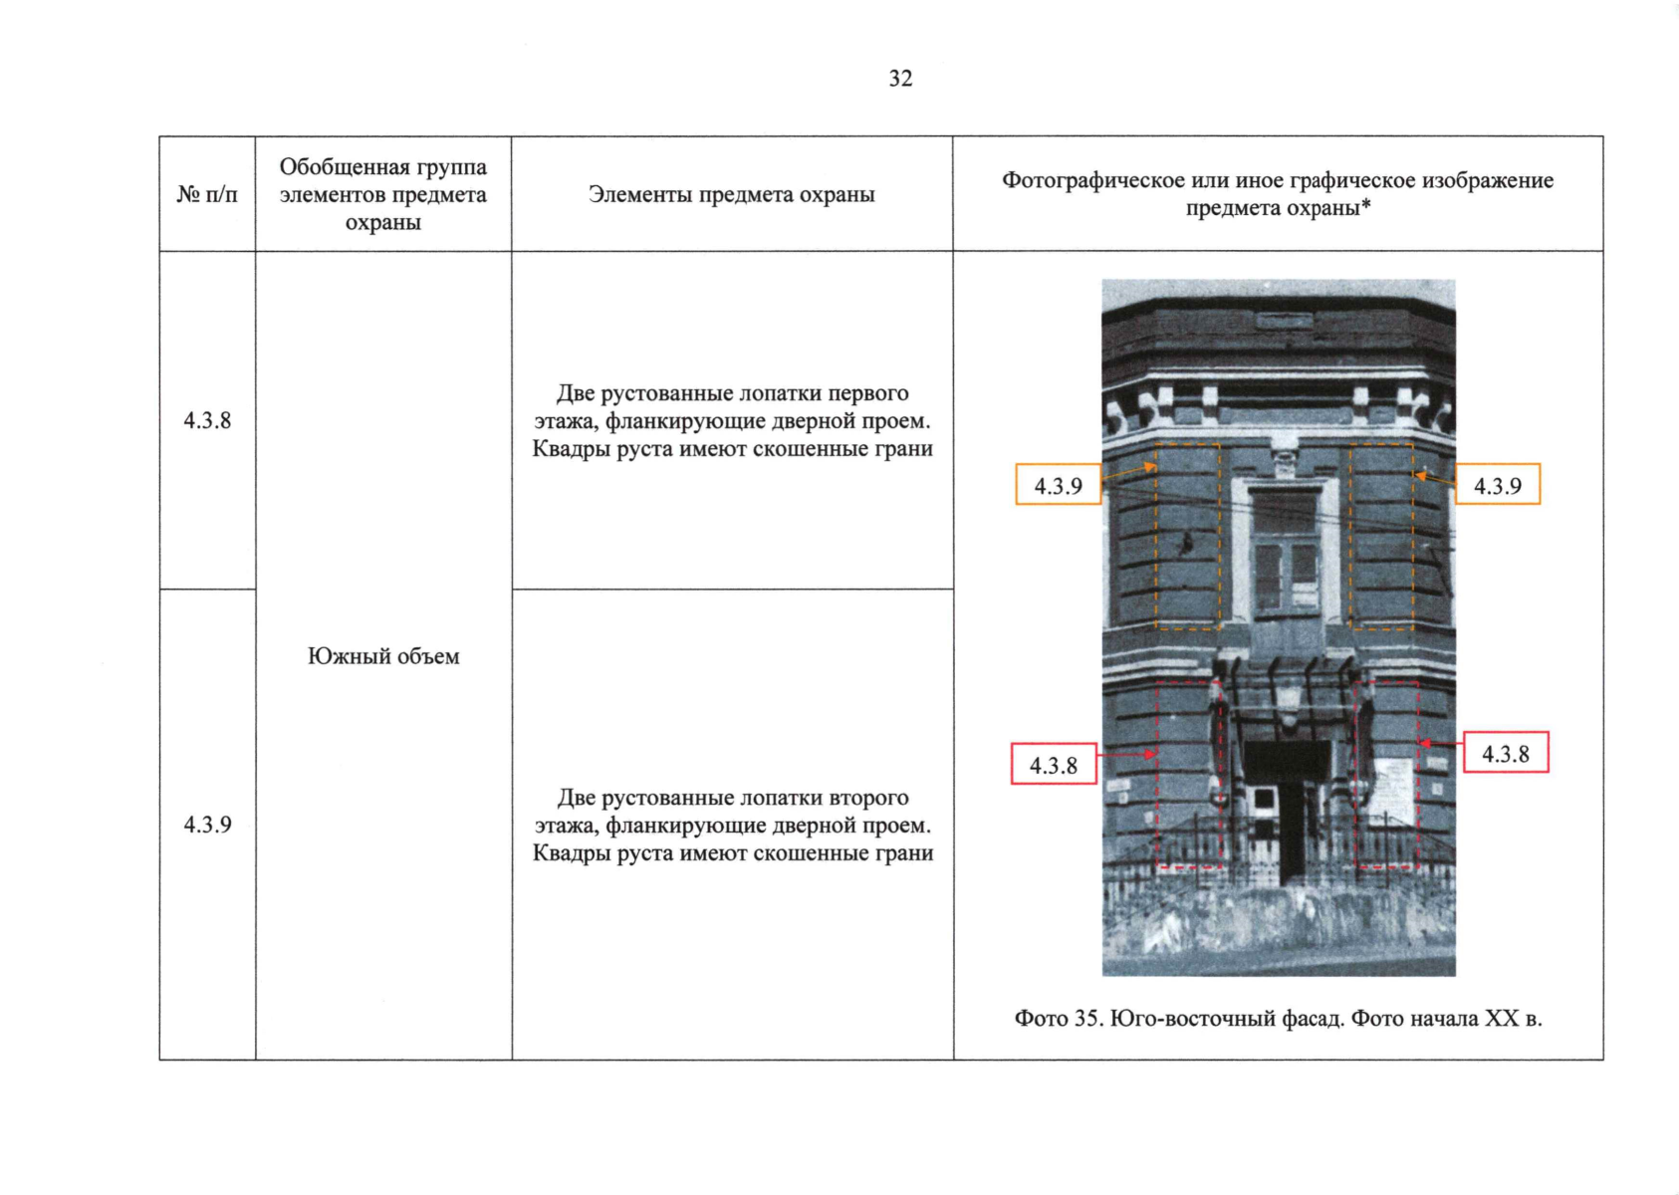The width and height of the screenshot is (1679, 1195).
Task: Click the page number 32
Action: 900,79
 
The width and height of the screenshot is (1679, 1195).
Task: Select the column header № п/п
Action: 207,194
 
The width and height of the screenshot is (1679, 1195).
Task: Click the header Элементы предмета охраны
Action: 731,194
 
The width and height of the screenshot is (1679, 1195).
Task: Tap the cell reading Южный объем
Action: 383,656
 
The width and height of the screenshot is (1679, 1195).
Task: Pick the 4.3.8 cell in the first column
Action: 207,420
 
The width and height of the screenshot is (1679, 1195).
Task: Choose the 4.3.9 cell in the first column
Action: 207,825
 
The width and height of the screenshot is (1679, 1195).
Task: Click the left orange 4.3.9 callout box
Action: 1058,485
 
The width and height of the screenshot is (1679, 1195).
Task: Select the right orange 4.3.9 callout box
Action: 1498,485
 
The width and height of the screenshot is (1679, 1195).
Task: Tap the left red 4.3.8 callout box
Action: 1054,765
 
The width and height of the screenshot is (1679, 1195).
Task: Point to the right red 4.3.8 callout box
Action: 1505,754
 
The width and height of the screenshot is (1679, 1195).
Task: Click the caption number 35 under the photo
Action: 1085,1019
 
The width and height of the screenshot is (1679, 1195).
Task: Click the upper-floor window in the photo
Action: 1285,550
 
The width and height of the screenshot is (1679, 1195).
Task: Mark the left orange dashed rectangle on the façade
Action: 1187,536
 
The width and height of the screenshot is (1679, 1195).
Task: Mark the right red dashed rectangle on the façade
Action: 1387,775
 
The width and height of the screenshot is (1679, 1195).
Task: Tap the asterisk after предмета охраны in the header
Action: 1366,206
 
